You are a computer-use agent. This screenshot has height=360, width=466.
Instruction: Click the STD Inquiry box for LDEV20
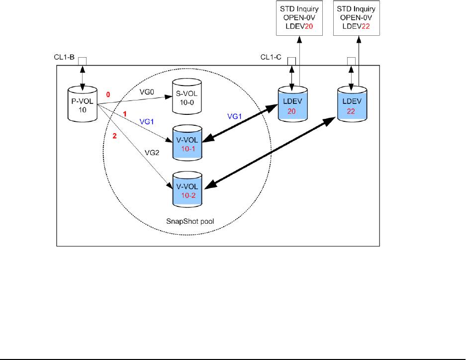click(x=300, y=17)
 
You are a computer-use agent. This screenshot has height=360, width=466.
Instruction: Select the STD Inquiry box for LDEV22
click(x=357, y=17)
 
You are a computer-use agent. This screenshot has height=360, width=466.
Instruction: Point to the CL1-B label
click(x=65, y=58)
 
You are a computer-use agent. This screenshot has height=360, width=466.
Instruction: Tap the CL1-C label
click(x=271, y=58)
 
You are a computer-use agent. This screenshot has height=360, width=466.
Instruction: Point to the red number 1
click(x=125, y=114)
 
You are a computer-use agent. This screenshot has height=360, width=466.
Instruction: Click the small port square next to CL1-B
click(x=83, y=61)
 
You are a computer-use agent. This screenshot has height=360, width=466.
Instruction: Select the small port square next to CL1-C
click(x=292, y=61)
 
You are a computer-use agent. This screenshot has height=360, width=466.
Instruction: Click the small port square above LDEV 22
click(x=351, y=61)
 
